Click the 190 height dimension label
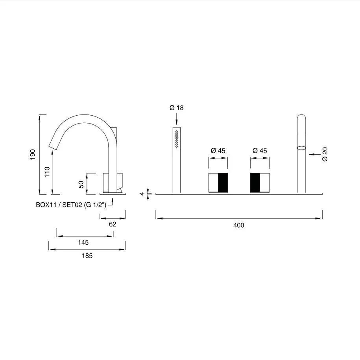[33, 155]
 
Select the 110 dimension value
[47, 172]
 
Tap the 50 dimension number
[81, 185]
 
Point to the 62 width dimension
[113, 224]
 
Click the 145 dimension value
[83, 242]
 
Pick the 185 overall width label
[87, 256]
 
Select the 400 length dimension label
[239, 225]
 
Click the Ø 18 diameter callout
[177, 108]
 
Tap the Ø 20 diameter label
[325, 154]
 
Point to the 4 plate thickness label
[142, 194]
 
